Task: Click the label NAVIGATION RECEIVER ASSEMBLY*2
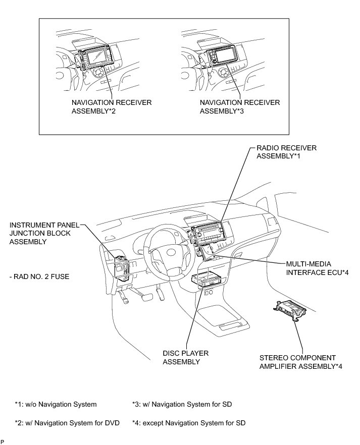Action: coord(111,106)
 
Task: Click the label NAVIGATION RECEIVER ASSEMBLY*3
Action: coord(239,106)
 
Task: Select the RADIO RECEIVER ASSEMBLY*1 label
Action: coord(286,152)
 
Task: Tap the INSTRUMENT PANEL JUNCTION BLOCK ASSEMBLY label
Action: coord(40,233)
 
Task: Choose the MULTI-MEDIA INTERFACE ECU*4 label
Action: coord(317,268)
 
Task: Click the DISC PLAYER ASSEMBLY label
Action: coord(185,357)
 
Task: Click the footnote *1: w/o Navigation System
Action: coord(56,404)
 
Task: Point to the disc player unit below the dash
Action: coord(207,280)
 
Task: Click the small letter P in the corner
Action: coord(3,442)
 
